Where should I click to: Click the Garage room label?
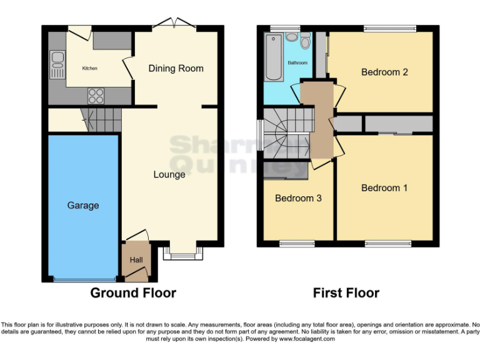coord(83,205)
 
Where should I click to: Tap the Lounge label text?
coord(169,174)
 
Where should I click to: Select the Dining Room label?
coord(176,68)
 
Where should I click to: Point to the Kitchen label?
coord(90,68)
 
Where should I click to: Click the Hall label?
coord(136,260)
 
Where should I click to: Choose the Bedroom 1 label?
coord(384,187)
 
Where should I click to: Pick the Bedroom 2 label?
coord(384,72)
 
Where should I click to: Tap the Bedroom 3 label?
coord(298,198)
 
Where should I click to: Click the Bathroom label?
coord(297,63)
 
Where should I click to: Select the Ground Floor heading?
coord(133,292)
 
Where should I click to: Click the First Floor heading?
coord(346,292)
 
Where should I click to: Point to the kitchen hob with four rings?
coord(96,95)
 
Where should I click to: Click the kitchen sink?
coord(57,60)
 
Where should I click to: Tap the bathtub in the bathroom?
coord(274,57)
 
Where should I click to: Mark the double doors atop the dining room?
coord(174,26)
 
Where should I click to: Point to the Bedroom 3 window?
coord(297,242)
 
